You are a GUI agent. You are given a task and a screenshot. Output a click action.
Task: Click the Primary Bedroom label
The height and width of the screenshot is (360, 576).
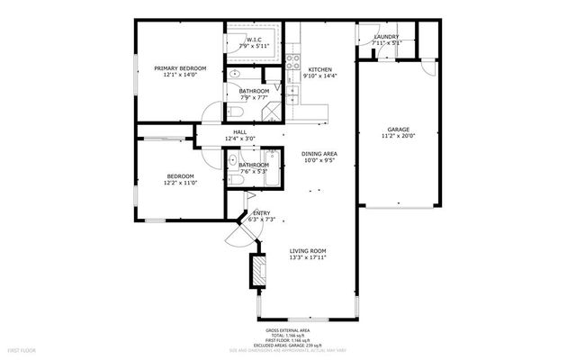[180, 68]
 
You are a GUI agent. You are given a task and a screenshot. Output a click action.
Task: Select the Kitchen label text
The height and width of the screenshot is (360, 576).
[321, 69]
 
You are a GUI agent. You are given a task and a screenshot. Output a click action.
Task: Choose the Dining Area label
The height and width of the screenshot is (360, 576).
[319, 154]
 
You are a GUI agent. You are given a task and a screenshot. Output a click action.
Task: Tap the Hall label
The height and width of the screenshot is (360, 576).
[239, 132]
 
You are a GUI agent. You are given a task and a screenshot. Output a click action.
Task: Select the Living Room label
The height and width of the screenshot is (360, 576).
[307, 251]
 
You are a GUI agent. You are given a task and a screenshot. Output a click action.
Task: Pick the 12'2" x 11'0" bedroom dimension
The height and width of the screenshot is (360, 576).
[180, 183]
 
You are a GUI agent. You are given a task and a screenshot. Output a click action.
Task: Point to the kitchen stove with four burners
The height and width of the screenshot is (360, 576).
[292, 61]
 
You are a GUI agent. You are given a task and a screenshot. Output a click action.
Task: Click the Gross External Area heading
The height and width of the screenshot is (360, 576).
[307, 330]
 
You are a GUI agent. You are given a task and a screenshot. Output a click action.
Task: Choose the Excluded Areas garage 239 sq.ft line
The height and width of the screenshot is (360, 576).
[309, 345]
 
